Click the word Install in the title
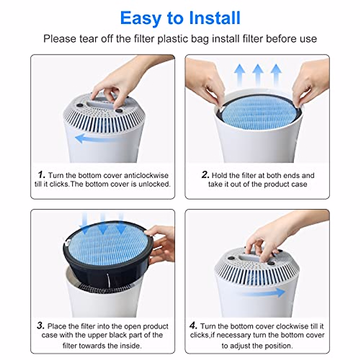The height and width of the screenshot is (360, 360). click(215, 18)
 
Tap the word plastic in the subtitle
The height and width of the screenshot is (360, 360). click(173, 39)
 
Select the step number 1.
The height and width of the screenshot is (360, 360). click(41, 175)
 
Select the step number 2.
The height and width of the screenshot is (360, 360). click(205, 175)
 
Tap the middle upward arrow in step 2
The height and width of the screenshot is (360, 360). click(258, 75)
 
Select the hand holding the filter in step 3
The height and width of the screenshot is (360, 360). click(161, 245)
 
